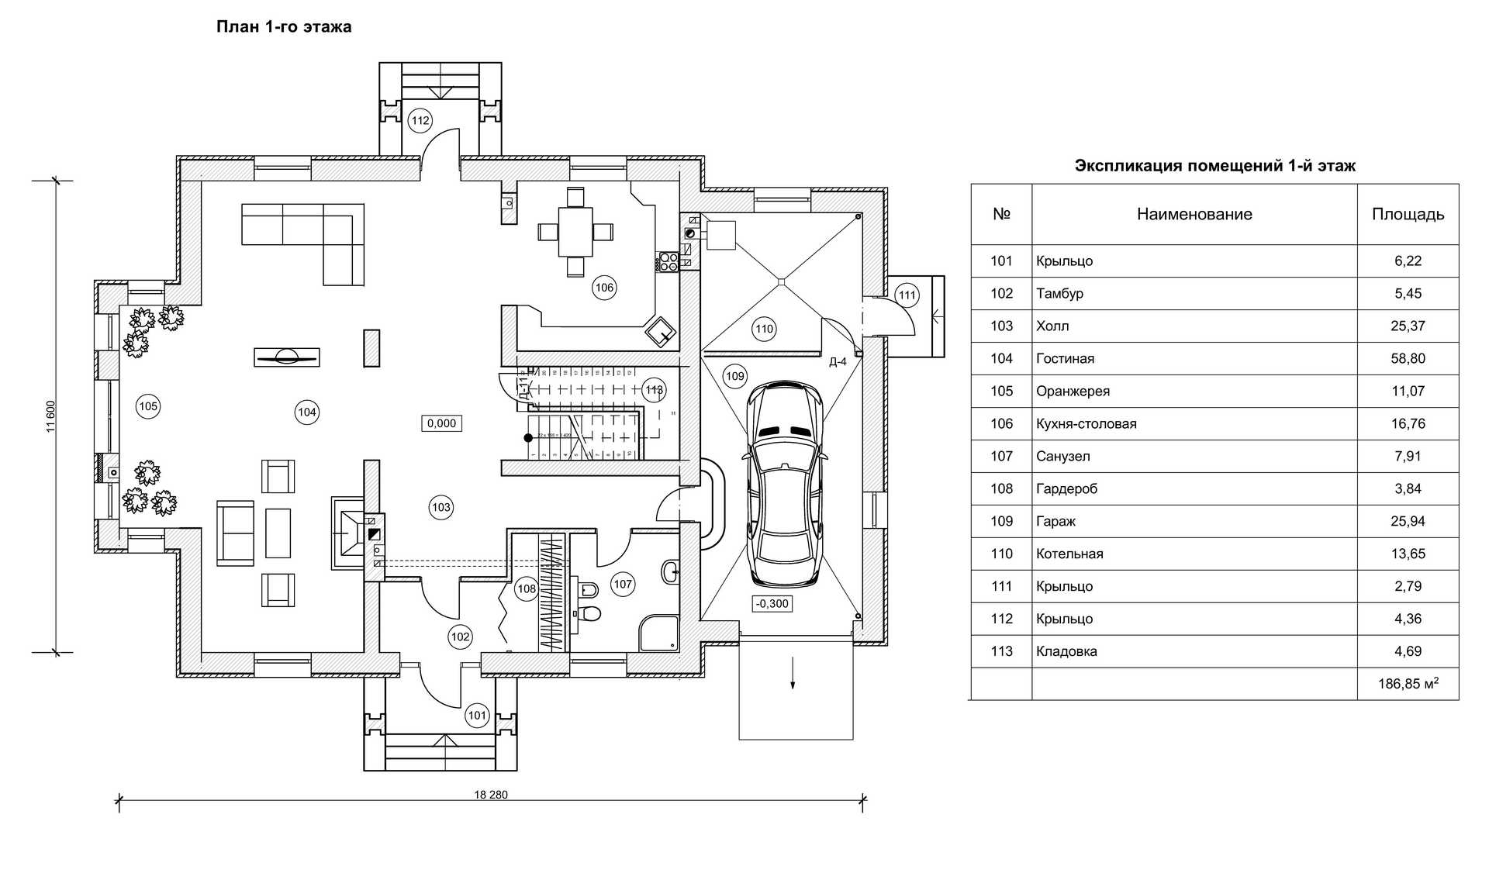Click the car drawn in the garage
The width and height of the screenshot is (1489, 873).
click(785, 485)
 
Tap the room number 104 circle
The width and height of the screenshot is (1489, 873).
click(307, 412)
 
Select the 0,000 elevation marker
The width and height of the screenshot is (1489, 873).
click(441, 423)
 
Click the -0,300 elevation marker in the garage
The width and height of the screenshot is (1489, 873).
click(772, 603)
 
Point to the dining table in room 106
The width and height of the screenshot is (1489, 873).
click(575, 232)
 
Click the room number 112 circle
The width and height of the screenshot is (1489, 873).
click(420, 120)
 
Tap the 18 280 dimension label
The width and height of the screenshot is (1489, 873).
click(491, 795)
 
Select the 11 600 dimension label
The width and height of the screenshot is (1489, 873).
click(51, 416)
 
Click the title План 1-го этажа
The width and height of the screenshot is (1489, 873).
click(284, 27)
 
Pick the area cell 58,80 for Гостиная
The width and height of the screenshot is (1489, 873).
click(1408, 358)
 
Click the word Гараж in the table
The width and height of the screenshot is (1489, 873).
click(1055, 521)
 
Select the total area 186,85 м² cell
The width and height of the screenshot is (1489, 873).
click(1408, 684)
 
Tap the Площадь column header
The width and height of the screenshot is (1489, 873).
click(1408, 215)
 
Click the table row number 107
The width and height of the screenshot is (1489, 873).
click(1001, 456)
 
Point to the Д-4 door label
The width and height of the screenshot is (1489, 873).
click(838, 362)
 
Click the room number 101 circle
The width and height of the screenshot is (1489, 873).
click(477, 716)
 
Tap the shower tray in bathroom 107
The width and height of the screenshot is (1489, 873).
click(658, 633)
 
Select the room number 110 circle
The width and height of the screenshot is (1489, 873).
click(765, 329)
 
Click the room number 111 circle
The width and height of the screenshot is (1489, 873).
click(907, 295)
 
